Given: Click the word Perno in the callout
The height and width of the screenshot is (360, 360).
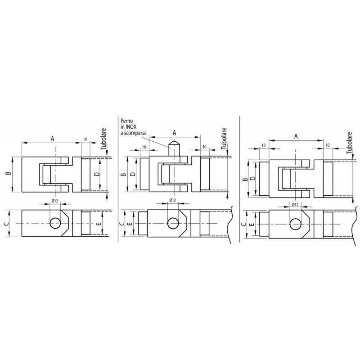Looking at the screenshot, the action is pos(127,121).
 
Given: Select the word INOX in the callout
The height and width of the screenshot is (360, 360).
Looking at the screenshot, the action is pos(131,127).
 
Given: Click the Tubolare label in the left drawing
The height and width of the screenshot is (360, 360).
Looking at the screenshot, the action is pos(104,139).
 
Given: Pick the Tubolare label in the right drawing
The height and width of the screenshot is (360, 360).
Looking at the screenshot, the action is pos(349,143).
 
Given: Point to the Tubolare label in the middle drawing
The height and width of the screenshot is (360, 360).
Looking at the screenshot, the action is pos(224,139).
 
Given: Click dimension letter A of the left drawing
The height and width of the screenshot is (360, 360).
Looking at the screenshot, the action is pos(53,139).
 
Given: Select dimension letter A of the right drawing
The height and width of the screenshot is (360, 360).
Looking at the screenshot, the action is pos(296,136).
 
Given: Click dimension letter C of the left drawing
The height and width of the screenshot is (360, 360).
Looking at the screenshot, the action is pos(7,223).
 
